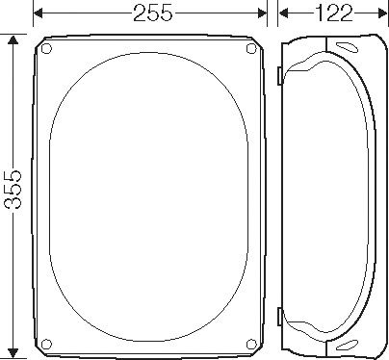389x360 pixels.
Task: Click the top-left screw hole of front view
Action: [x=49, y=48]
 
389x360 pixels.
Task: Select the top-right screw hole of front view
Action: [x=252, y=48]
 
